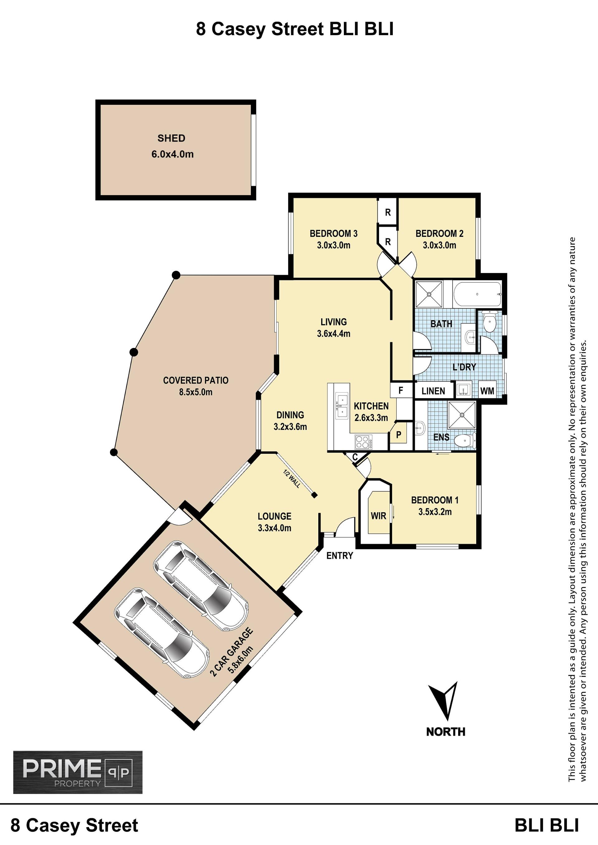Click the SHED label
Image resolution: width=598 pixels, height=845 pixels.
point(171,138)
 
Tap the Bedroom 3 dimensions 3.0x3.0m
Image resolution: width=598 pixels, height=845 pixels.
point(334,245)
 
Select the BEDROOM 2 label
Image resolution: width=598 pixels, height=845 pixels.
point(439,233)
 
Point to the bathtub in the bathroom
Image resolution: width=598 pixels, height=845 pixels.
point(477,294)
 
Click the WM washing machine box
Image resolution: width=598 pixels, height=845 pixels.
point(487,391)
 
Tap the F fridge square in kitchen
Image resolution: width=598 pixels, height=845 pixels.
point(401,390)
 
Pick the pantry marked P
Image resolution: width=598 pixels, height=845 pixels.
point(398,435)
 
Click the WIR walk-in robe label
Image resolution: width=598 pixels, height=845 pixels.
point(378,516)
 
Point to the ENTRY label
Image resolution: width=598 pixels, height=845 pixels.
point(339,556)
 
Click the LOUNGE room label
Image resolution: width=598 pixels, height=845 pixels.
point(274,516)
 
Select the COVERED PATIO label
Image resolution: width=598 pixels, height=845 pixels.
point(196,380)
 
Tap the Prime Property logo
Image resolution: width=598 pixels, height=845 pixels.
point(78,772)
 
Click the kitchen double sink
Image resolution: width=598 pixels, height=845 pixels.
point(342,406)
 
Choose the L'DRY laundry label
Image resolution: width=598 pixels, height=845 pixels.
point(464,367)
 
